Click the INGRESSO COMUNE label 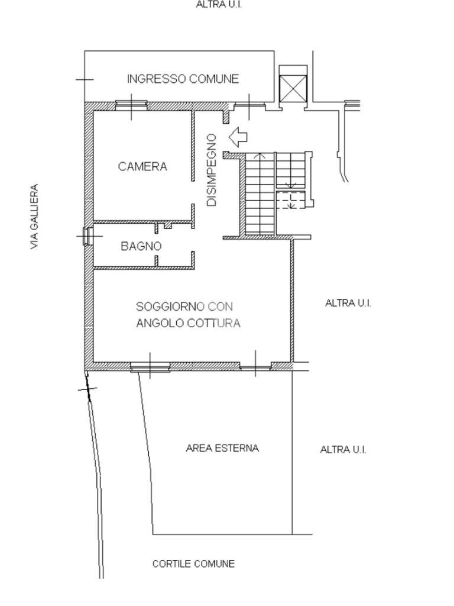click(x=183, y=79)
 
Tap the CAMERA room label click(x=142, y=166)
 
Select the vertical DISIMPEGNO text click(x=212, y=170)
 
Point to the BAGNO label click(x=141, y=246)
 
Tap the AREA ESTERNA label click(x=222, y=448)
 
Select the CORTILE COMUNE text click(x=193, y=563)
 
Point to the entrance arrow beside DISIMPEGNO click(x=239, y=137)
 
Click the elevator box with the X click(x=293, y=89)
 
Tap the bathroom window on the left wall click(x=87, y=236)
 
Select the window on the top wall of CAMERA click(x=130, y=105)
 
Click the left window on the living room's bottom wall click(x=150, y=367)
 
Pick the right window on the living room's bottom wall click(x=255, y=367)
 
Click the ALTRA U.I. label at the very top click(x=219, y=5)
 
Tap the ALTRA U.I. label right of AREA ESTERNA click(x=343, y=450)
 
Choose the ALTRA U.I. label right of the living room click(x=348, y=303)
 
